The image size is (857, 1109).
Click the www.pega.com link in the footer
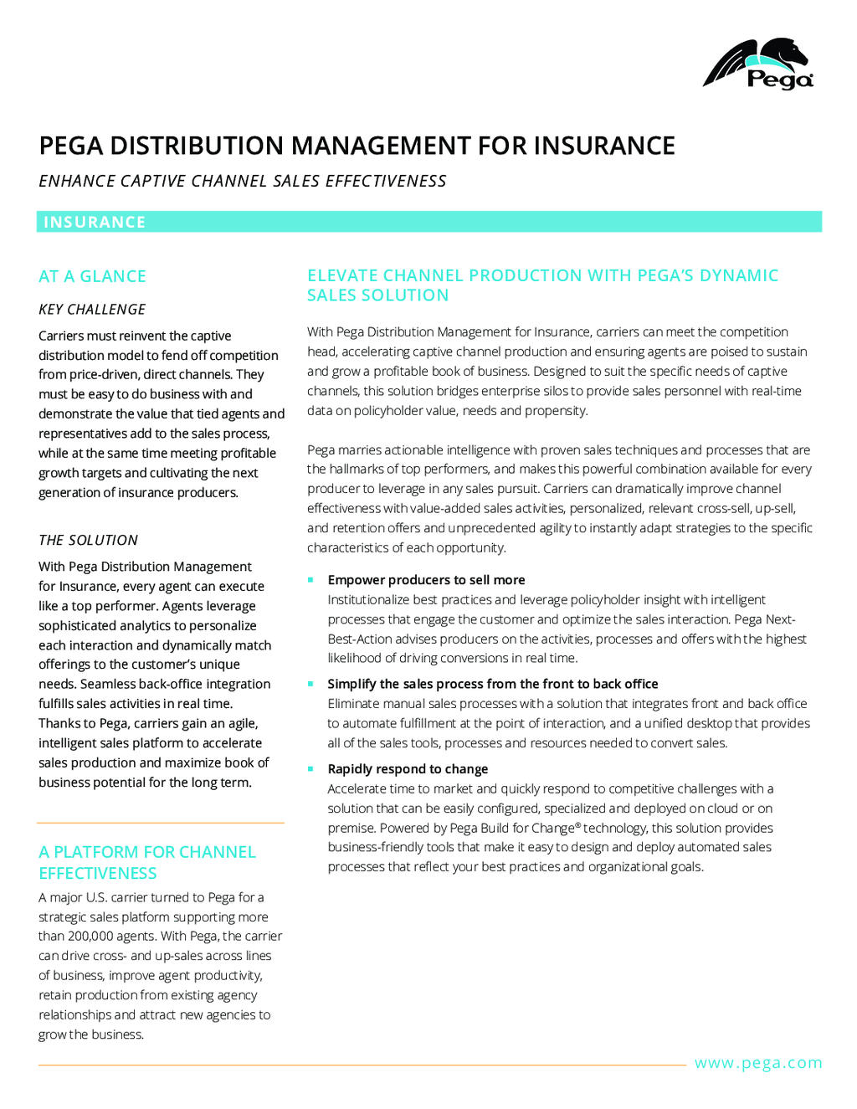pos(758,1063)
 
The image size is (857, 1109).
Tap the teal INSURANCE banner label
pos(95,222)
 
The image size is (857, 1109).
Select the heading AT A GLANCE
pos(92,276)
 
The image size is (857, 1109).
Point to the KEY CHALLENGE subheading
pos(92,310)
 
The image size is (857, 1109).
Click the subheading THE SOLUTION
pos(89,541)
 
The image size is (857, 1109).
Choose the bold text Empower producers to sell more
pos(426,580)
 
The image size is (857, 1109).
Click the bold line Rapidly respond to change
pos(408,769)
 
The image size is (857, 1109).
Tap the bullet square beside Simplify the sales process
pos(310,684)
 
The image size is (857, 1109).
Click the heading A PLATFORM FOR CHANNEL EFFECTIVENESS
pos(146,862)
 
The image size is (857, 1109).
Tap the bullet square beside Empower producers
pos(310,580)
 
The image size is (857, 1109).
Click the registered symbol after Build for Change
pos(578,826)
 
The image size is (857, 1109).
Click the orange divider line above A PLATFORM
pos(161,824)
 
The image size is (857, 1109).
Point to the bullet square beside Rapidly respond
pos(310,769)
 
